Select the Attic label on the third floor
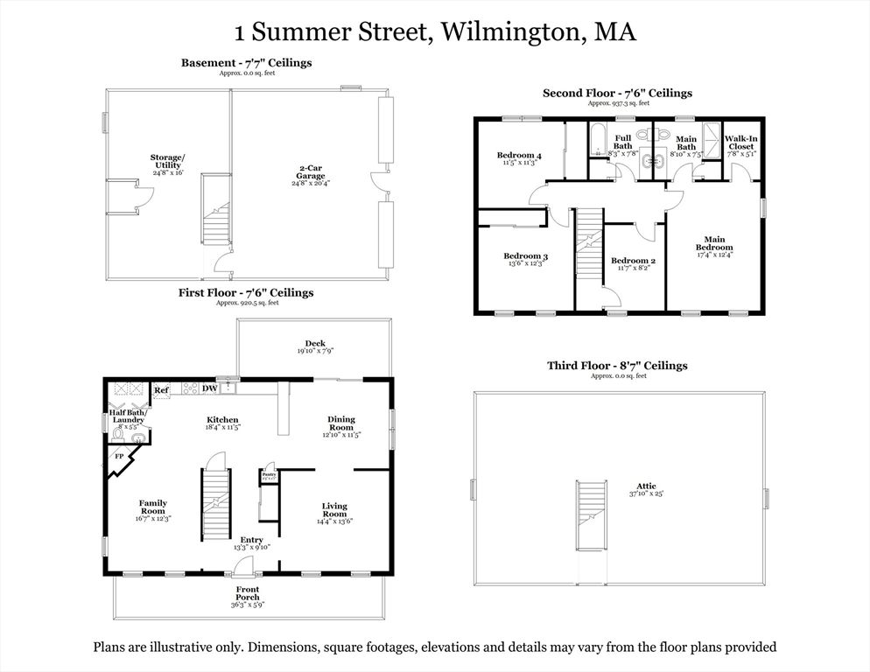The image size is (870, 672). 646,486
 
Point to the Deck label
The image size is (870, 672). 314,344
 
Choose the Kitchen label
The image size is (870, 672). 221,420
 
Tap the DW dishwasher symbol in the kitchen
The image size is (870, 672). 209,388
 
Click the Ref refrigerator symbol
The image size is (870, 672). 162,390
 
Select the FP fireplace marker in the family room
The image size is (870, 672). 118,456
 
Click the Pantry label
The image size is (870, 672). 269,473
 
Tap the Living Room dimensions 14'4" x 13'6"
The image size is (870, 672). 334,521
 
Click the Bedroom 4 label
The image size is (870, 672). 519,156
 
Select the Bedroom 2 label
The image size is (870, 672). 633,261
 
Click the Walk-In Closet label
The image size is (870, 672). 740,143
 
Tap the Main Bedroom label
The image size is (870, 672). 714,243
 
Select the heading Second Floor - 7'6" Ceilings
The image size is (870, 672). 617,93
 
